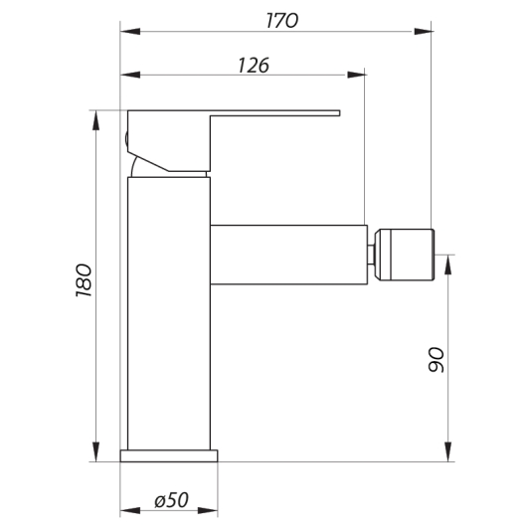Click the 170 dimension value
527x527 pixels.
(276, 20)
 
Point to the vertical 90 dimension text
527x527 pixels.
(435, 359)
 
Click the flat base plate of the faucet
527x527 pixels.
(170, 455)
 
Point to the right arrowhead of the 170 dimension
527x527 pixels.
(425, 31)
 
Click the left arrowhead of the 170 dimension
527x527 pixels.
(128, 31)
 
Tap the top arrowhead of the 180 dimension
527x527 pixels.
(96, 114)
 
